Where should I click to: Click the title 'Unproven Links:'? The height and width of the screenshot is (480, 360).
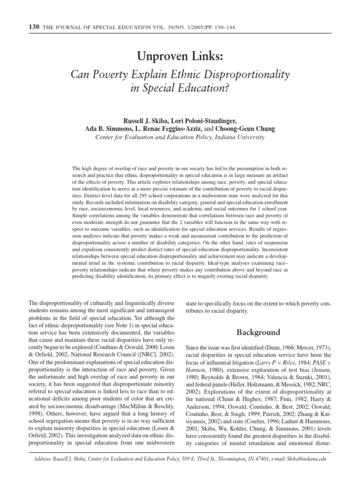[180, 57]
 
